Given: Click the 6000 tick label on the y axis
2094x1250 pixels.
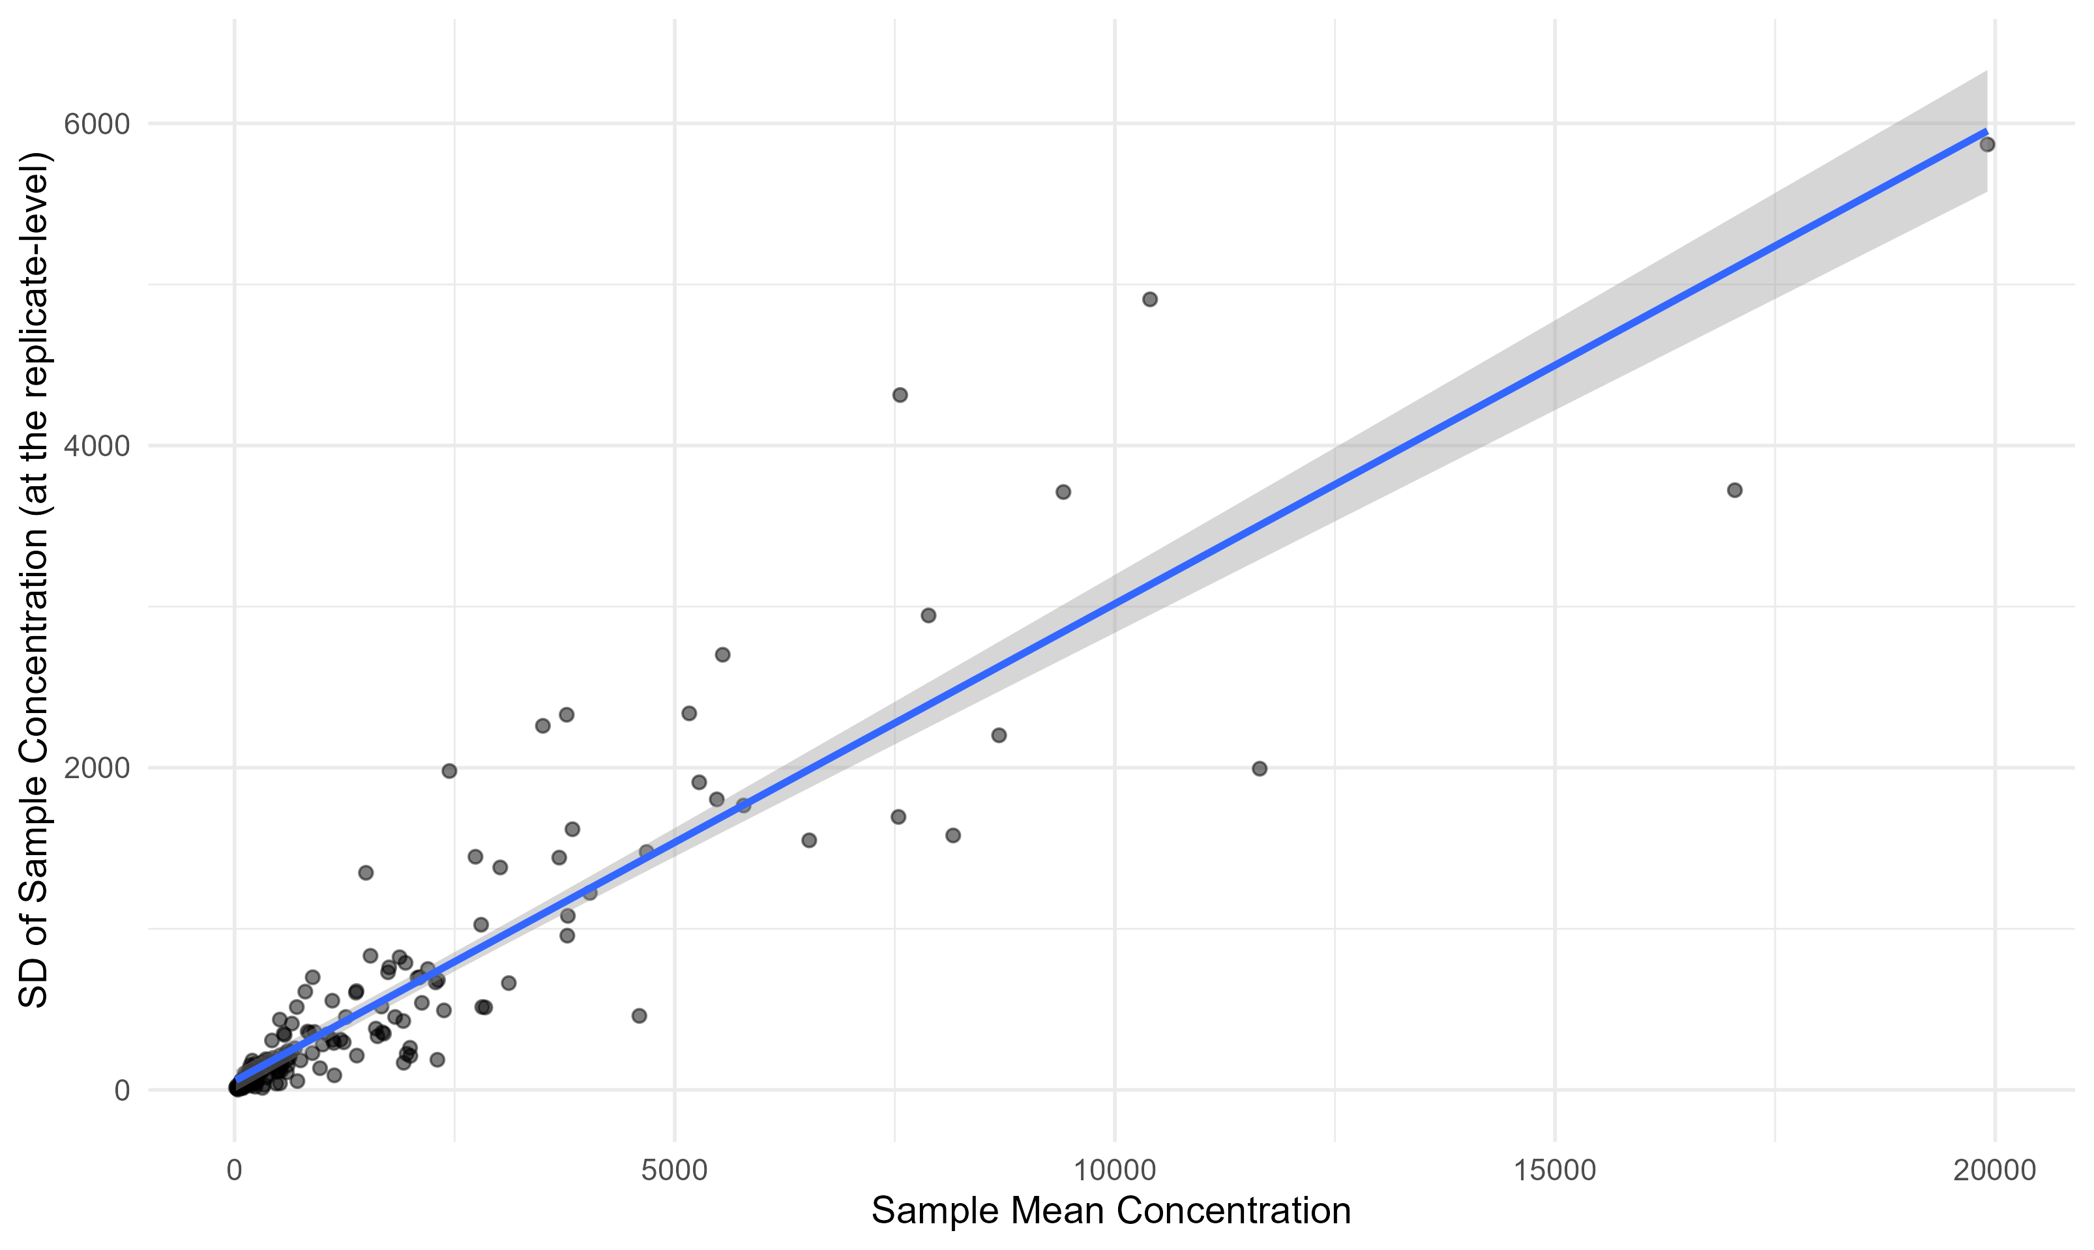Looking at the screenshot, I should (x=97, y=124).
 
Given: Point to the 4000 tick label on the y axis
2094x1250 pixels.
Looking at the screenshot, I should (x=97, y=446).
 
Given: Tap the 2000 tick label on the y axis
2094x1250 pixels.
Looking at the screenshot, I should (x=97, y=768).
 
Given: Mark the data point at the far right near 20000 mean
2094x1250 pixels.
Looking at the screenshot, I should (x=1987, y=145).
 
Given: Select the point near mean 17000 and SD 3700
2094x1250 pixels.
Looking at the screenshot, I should (x=1734, y=490).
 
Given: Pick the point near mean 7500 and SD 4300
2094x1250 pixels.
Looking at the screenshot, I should (x=900, y=395).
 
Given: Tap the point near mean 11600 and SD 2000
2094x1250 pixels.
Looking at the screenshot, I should (x=1260, y=768).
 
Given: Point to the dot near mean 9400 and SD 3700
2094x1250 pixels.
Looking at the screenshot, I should (x=1063, y=492).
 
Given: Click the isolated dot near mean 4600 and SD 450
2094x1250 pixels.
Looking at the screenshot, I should (x=640, y=1016).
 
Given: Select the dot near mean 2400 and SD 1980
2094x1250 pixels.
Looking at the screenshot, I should (x=449, y=771).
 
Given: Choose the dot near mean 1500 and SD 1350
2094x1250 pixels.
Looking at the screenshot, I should (x=366, y=873).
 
